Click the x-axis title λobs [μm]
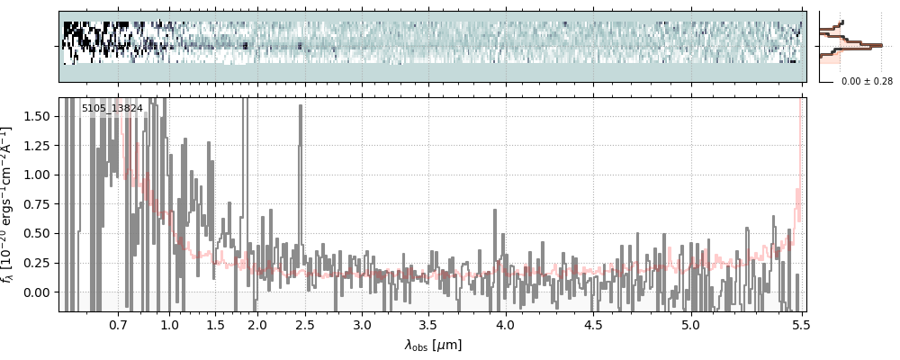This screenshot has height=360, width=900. pyautogui.click(x=432, y=344)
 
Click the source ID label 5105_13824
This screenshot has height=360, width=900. pyautogui.click(x=112, y=109)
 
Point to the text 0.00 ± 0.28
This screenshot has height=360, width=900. pyautogui.click(x=867, y=81)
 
